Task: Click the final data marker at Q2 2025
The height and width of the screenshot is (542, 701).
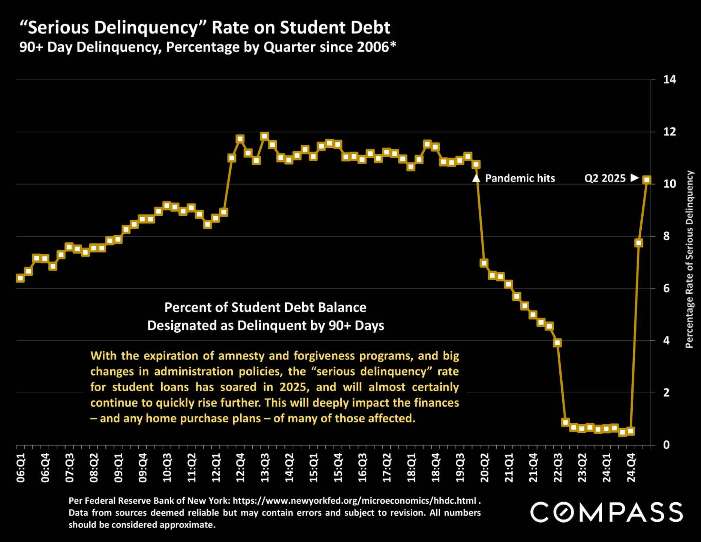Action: coord(647,180)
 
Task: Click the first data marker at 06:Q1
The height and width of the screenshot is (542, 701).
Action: coord(20,278)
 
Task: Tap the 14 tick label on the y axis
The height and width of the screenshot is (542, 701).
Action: coord(670,80)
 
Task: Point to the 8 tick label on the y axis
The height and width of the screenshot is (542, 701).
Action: coord(666,236)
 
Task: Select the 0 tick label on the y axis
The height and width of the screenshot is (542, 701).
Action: coord(666,445)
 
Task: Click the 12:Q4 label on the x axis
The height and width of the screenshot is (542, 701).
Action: coord(240,467)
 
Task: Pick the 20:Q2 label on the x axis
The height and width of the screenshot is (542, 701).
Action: coord(485,467)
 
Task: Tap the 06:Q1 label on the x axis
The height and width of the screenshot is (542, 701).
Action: coord(21,467)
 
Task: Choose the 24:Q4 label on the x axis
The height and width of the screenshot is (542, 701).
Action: coord(631,467)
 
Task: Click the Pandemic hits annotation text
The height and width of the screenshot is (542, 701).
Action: coord(520,178)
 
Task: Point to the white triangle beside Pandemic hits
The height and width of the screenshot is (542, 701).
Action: coord(476,178)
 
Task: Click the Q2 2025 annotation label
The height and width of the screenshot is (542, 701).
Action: coord(605,178)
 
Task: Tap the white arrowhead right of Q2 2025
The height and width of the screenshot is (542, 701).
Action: coord(634,177)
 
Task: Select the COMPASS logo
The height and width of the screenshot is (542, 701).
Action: coord(606,512)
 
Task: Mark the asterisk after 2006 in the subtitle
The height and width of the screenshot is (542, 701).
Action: coord(393,45)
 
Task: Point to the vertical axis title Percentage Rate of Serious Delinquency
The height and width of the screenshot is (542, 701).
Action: coord(689,259)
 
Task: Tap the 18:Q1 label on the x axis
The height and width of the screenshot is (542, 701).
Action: coord(412,467)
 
